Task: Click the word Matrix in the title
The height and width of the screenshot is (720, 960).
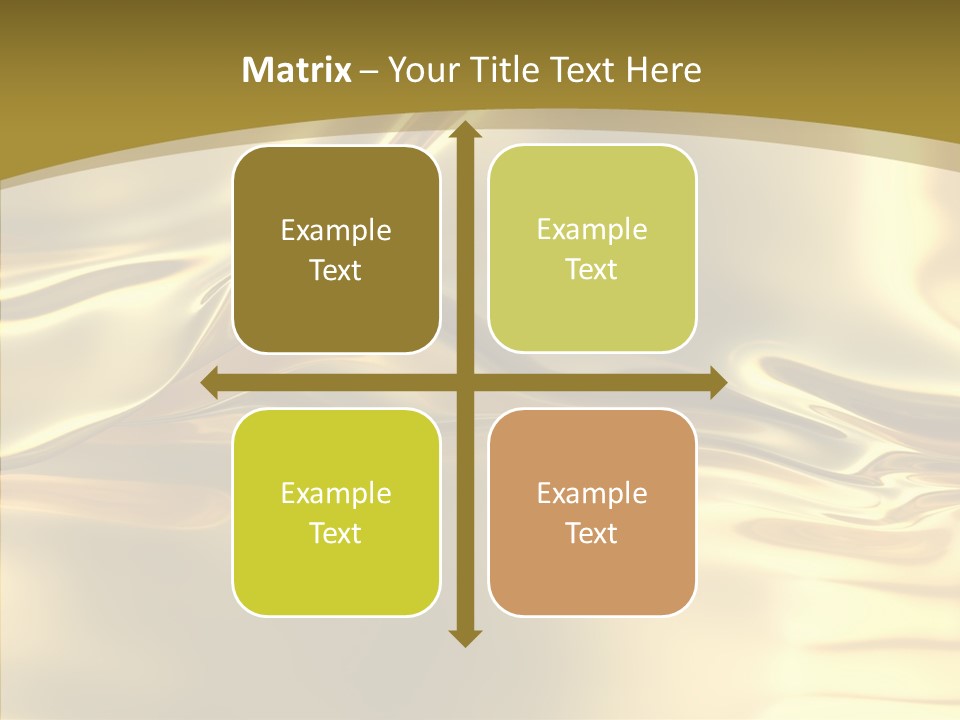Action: pyautogui.click(x=297, y=70)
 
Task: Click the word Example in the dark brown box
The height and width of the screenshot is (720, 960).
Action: pyautogui.click(x=336, y=231)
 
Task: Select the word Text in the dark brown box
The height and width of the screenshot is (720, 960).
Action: pyautogui.click(x=336, y=271)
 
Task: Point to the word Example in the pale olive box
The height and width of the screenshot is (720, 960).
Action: pyautogui.click(x=592, y=230)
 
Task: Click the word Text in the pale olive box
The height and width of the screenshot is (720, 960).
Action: pyautogui.click(x=592, y=270)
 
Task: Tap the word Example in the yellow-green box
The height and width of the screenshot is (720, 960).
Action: pyautogui.click(x=336, y=493)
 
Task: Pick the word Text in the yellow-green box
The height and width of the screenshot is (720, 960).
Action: pyautogui.click(x=336, y=533)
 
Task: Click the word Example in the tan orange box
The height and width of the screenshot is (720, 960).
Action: pyautogui.click(x=592, y=493)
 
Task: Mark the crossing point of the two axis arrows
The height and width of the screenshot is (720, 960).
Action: pyautogui.click(x=464, y=383)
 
